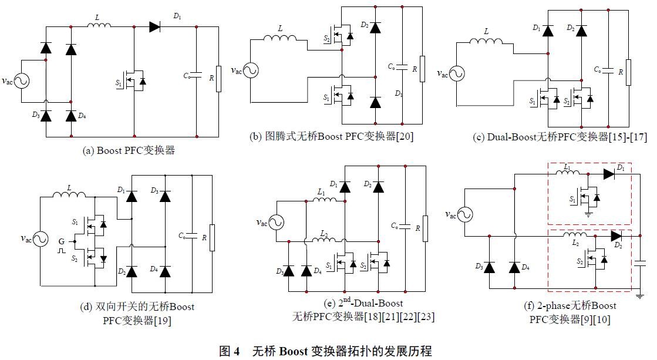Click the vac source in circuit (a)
tap(22, 80)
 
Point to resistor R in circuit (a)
tap(218, 79)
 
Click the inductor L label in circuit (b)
tap(280, 29)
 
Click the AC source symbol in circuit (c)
tap(456, 74)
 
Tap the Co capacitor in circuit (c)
tap(609, 70)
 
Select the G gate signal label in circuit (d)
tap(60, 241)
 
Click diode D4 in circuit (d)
tap(166, 271)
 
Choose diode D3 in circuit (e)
tap(289, 271)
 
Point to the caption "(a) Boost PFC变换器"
tap(129, 150)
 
